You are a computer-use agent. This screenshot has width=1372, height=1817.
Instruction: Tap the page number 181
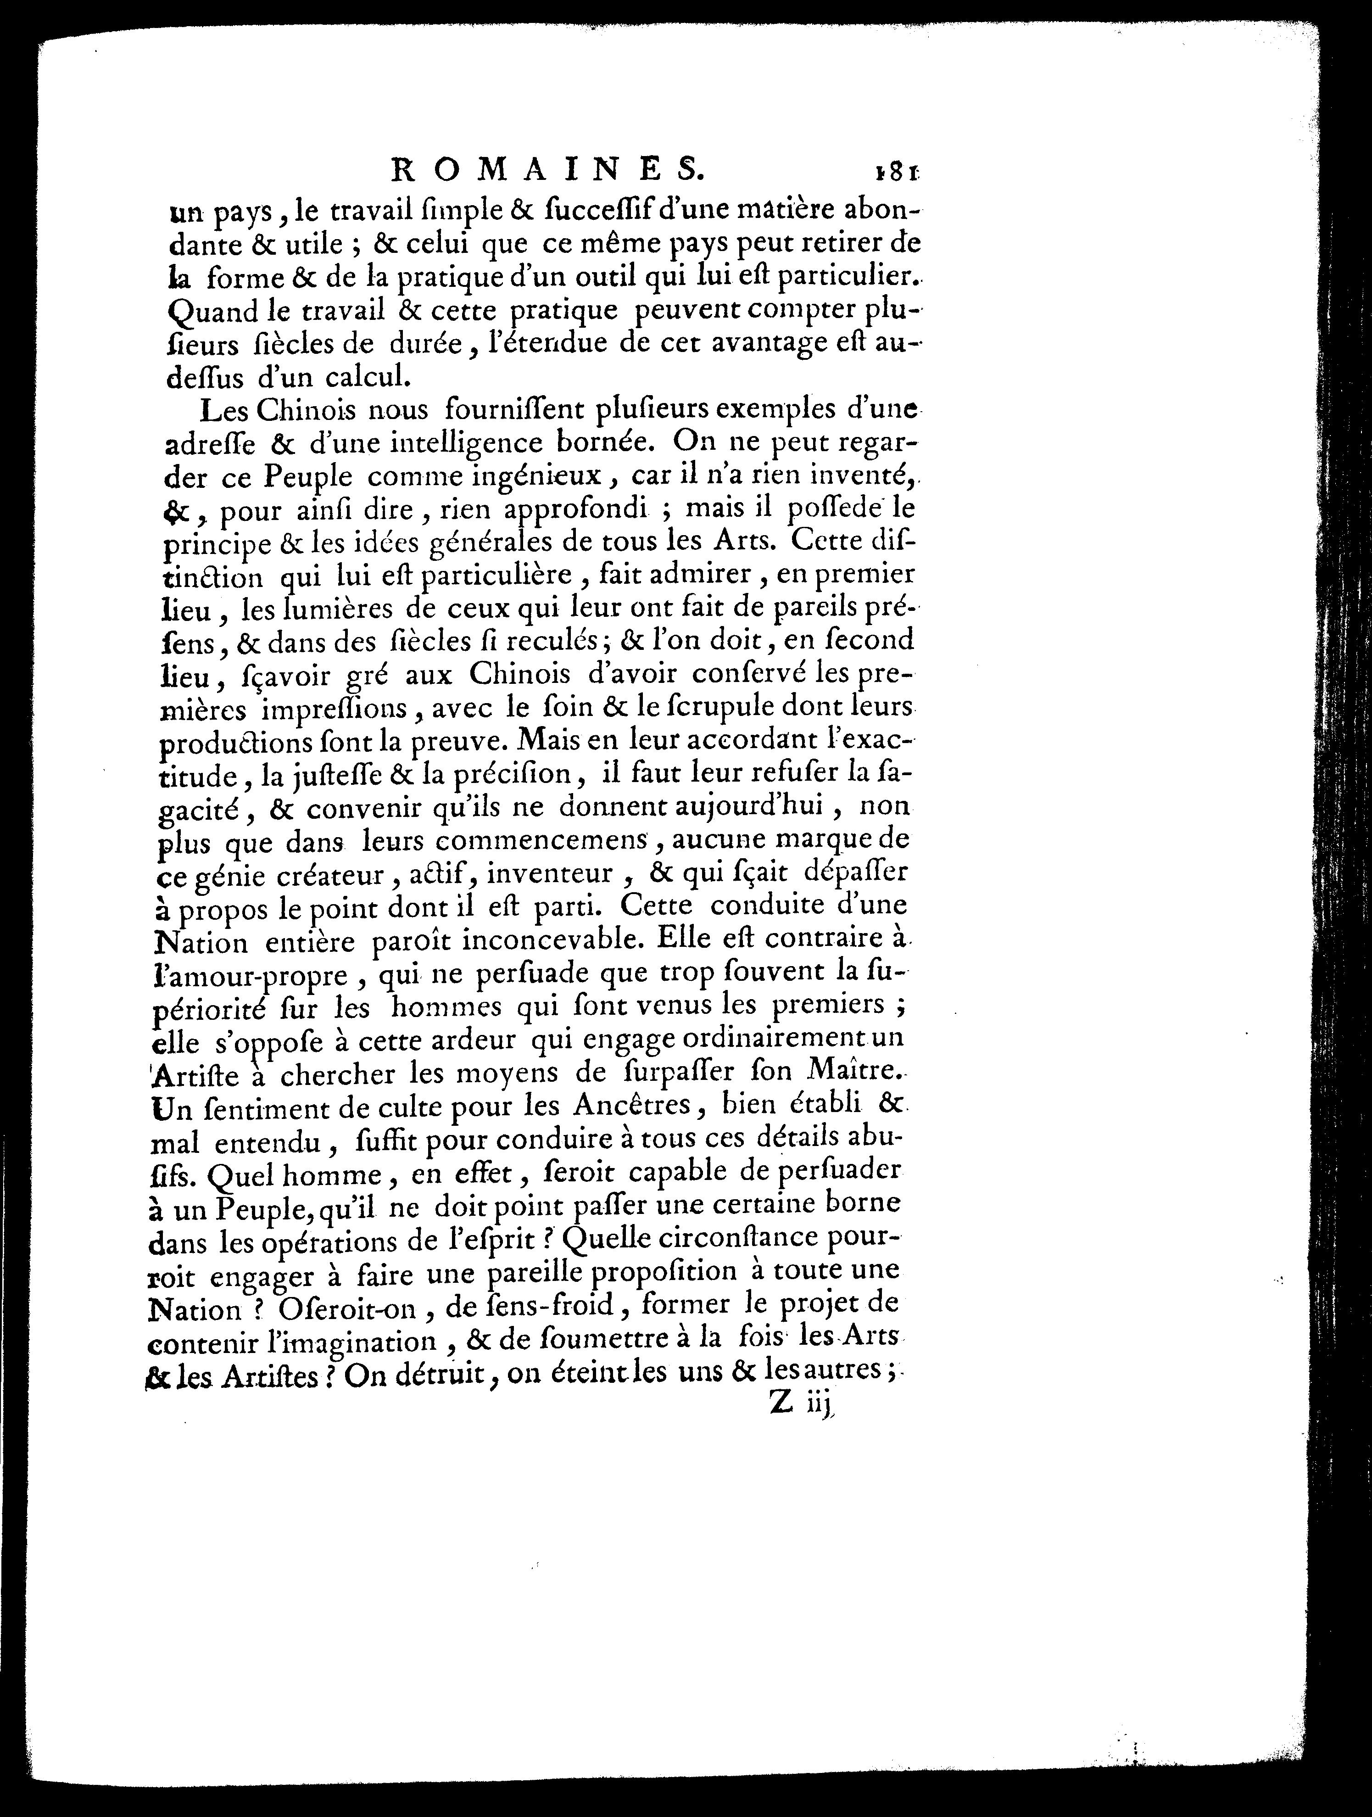coord(895,172)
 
